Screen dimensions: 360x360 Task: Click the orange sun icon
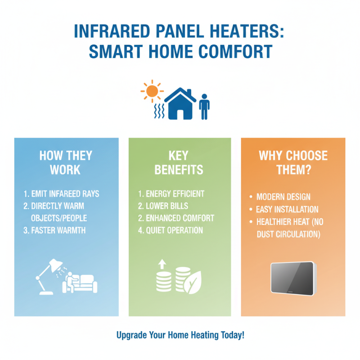click(x=152, y=92)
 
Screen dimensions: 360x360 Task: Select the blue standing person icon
click(x=204, y=107)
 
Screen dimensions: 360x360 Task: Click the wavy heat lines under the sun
click(x=158, y=111)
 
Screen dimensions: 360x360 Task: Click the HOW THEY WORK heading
click(x=66, y=162)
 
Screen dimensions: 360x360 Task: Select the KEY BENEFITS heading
click(x=179, y=162)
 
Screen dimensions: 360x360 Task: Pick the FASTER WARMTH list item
click(x=58, y=230)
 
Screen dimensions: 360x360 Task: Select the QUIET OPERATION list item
click(x=171, y=230)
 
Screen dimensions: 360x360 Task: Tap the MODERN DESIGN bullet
click(x=283, y=197)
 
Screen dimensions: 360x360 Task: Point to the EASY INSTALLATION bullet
click(x=287, y=209)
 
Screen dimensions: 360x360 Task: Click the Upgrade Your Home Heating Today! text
click(x=180, y=336)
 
